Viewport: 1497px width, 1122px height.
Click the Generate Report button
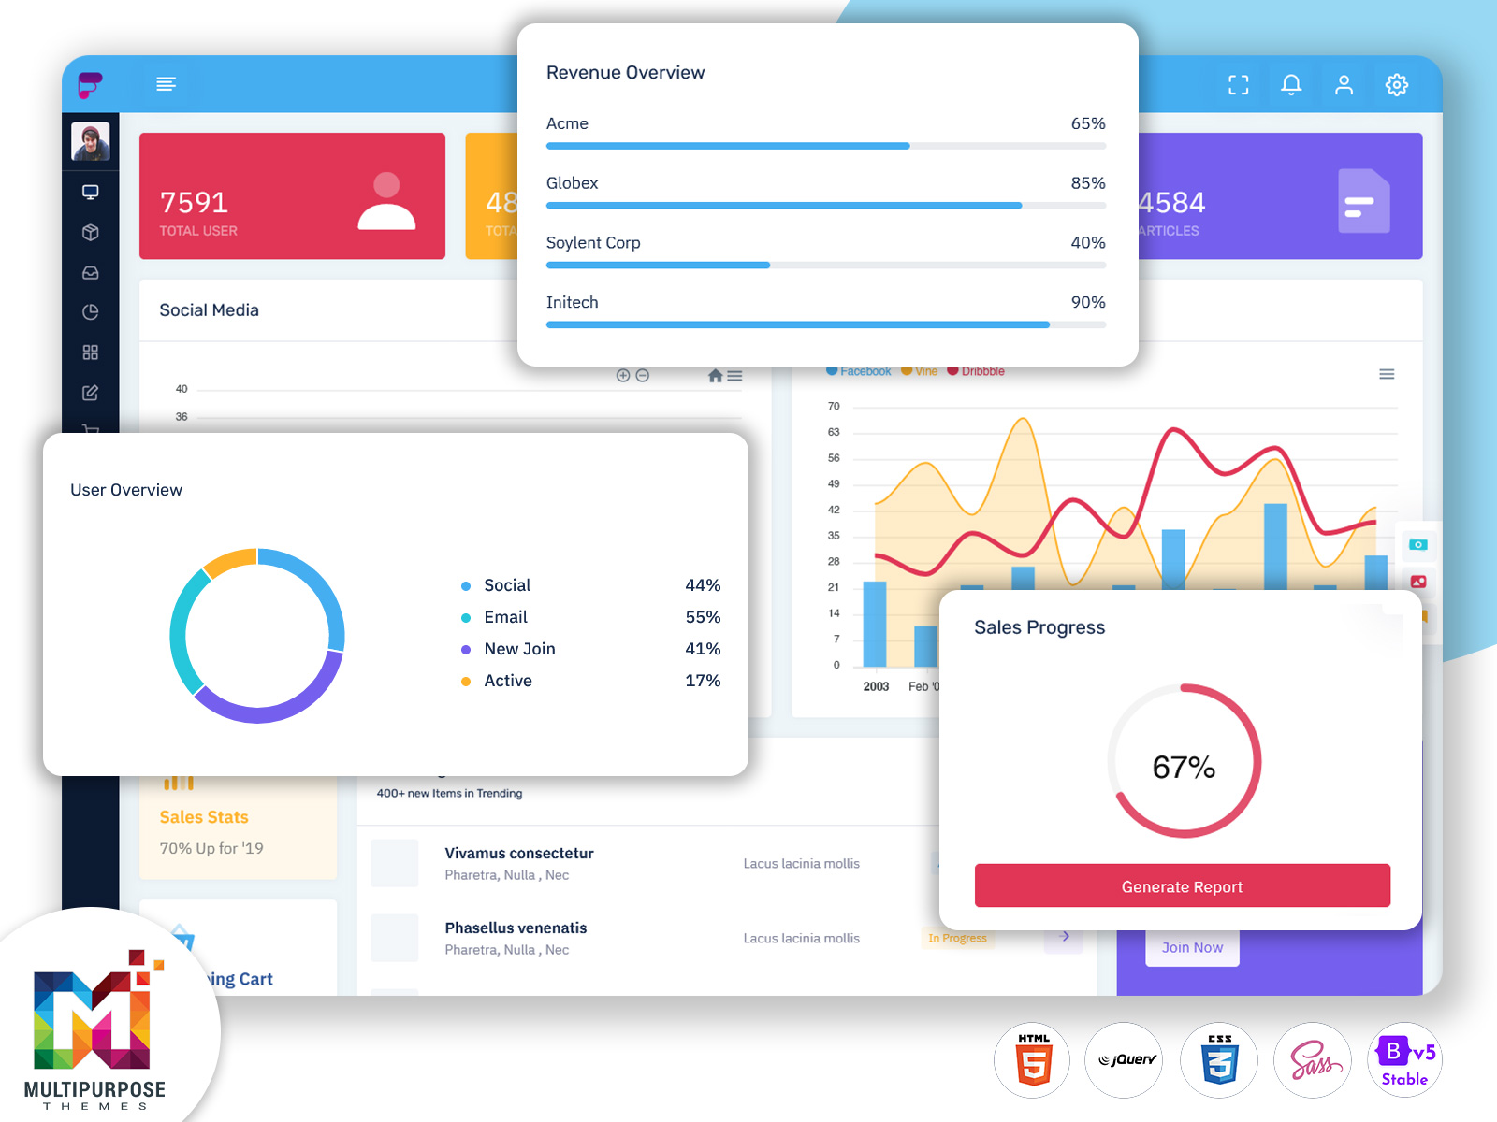(x=1182, y=885)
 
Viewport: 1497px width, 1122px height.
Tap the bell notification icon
(x=1291, y=85)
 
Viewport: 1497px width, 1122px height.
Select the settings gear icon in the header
(x=1397, y=85)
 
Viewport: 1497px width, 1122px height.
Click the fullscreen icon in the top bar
(x=1239, y=85)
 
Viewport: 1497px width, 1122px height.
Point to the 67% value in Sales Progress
(x=1184, y=768)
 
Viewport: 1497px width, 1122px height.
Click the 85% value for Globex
(x=1088, y=183)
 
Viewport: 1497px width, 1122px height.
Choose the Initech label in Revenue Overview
(x=572, y=302)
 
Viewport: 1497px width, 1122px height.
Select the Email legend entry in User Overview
(x=505, y=617)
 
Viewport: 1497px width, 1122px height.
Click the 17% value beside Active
(x=703, y=681)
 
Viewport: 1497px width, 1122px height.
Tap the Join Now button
(x=1192, y=947)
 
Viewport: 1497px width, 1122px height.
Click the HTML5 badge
(x=1033, y=1060)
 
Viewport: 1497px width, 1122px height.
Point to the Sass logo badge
(x=1314, y=1060)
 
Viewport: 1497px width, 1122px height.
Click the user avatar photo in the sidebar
(x=91, y=142)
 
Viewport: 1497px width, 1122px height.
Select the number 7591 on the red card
(x=194, y=202)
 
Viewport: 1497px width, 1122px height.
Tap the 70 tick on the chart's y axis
(x=834, y=406)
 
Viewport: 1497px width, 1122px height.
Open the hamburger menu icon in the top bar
(x=166, y=84)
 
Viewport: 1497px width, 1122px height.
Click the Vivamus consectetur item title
(x=519, y=853)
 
